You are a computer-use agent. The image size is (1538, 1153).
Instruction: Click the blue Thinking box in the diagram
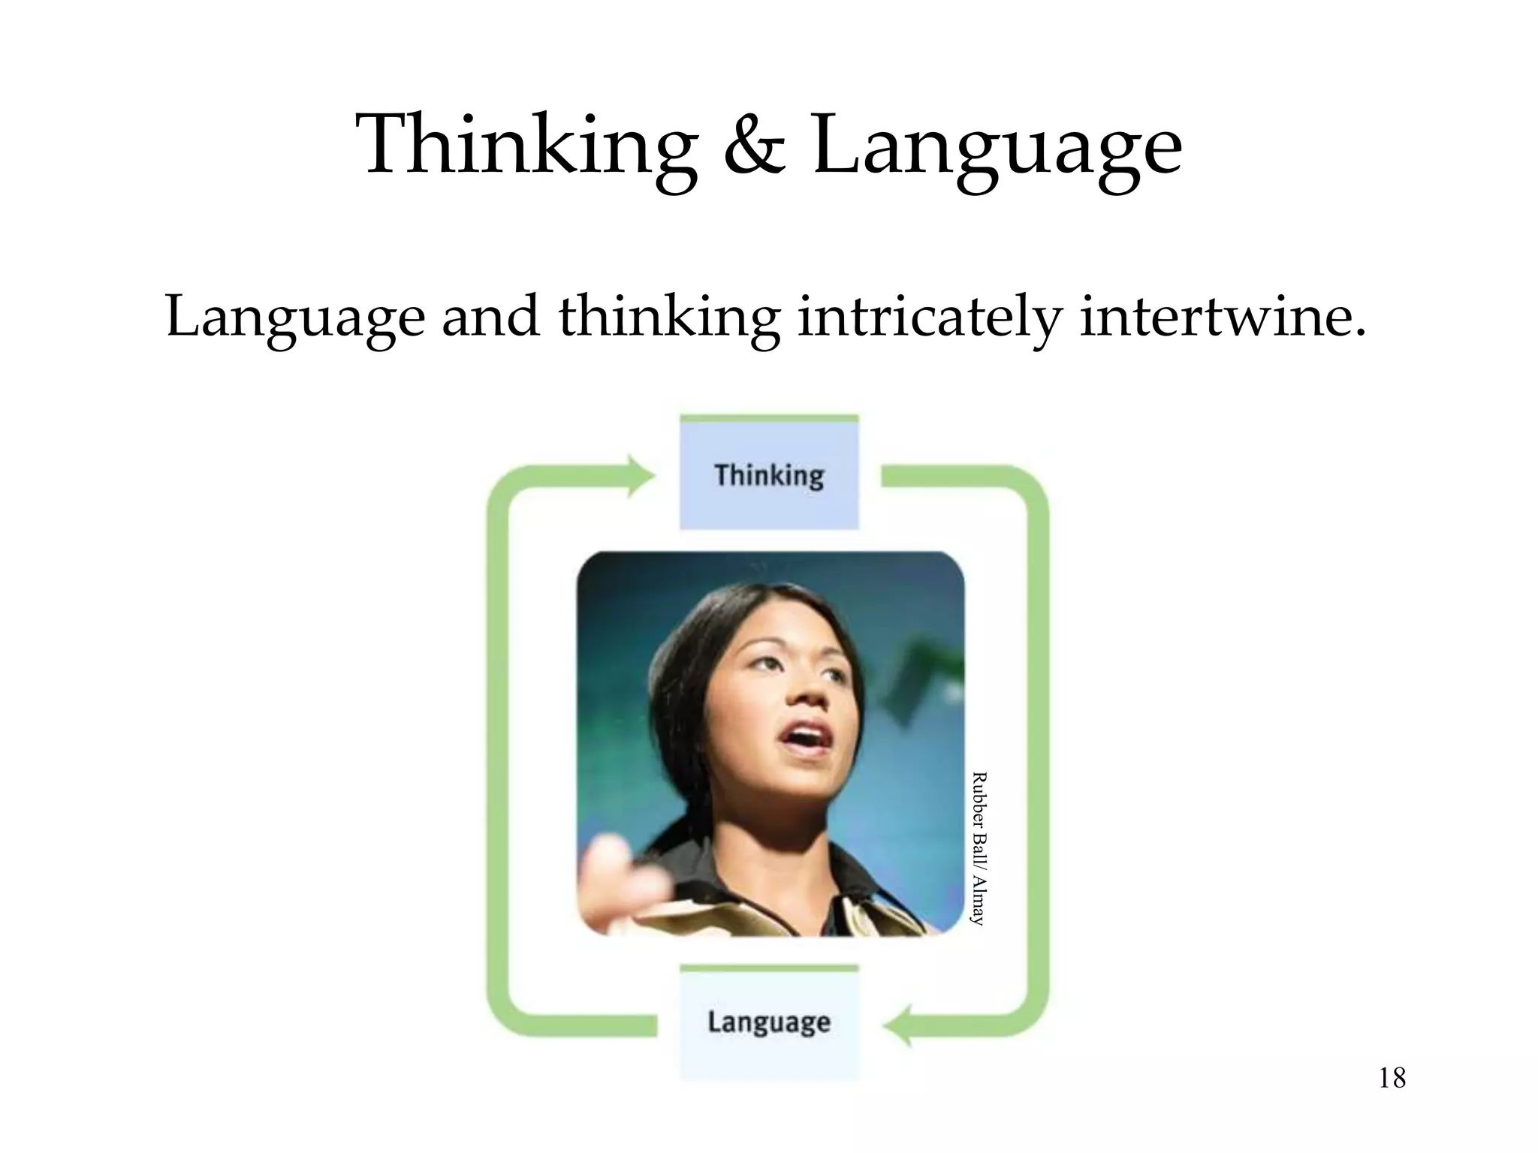pyautogui.click(x=769, y=476)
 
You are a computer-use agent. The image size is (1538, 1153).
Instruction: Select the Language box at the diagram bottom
pyautogui.click(x=769, y=1022)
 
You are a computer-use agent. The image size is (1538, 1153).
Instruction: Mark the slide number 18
pyautogui.click(x=1392, y=1079)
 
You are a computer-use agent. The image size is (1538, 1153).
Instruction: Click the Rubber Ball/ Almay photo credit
pyautogui.click(x=977, y=848)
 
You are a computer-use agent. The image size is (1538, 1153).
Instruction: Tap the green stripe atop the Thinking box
pyautogui.click(x=769, y=418)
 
